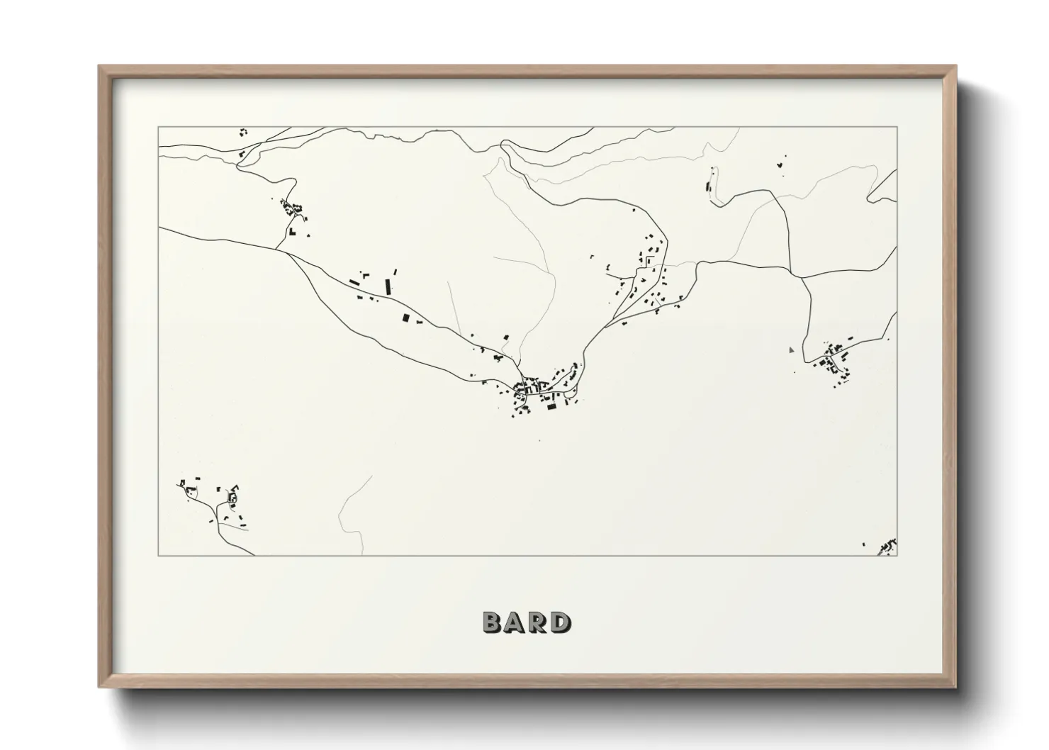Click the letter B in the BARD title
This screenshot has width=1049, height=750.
pyautogui.click(x=493, y=622)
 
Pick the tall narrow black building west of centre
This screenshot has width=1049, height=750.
pyautogui.click(x=388, y=286)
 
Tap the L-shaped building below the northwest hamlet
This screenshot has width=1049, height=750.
pyautogui.click(x=291, y=231)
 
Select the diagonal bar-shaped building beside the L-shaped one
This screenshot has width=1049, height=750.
pyautogui.click(x=354, y=282)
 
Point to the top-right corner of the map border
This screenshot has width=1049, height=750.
pyautogui.click(x=897, y=127)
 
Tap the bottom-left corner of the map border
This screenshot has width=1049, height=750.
pyautogui.click(x=159, y=555)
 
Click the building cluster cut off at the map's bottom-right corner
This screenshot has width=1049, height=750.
pyautogui.click(x=887, y=547)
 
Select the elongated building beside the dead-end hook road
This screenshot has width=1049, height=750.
pyautogui.click(x=709, y=188)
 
